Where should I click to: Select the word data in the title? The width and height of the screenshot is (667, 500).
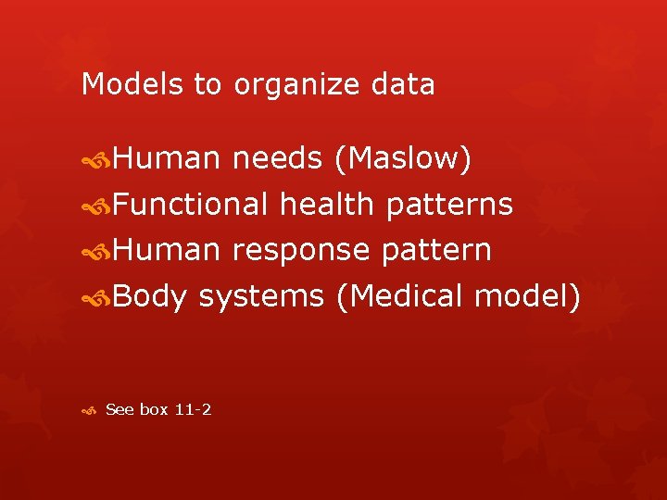coord(403,84)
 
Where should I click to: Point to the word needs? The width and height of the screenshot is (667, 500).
coord(276,159)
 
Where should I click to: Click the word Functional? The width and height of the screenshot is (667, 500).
coord(192,204)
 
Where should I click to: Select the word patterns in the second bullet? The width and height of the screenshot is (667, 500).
coord(449,205)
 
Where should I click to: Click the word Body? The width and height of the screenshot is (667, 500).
coord(152,296)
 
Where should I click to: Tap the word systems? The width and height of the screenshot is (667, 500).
coord(261,297)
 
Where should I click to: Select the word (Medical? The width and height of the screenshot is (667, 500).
coord(400,296)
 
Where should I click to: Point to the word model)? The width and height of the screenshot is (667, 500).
coord(527,296)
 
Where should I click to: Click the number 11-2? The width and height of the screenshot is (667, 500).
coord(192,408)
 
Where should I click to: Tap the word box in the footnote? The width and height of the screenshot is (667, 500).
coord(153,408)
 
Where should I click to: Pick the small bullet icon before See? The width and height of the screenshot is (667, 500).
coord(88,409)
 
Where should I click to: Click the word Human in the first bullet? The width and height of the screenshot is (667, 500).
coord(168,158)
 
